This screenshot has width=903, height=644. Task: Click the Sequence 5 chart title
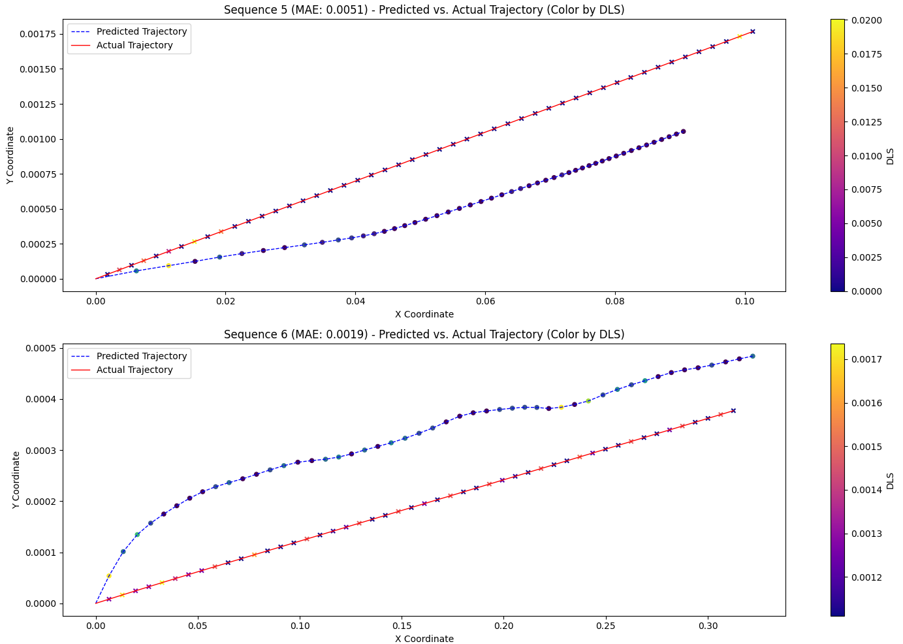coord(424,10)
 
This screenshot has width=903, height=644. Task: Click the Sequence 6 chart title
coord(424,334)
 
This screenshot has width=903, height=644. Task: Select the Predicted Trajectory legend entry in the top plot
coord(141,31)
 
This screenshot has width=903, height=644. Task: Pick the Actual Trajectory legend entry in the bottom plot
coord(135,370)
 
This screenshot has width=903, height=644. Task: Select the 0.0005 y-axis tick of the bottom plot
coord(42,348)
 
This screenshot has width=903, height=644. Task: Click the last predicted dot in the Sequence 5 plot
coord(683,131)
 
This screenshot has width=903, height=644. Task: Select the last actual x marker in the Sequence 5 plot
coord(752,31)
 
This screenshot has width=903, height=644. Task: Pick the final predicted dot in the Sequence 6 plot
coord(752,356)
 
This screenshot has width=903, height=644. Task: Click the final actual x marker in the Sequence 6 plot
coord(733,410)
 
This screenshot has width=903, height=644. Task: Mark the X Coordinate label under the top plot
coord(424,314)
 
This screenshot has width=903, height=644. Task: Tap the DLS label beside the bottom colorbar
coord(890,481)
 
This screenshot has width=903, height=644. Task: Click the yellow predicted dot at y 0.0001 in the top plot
coord(168,265)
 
